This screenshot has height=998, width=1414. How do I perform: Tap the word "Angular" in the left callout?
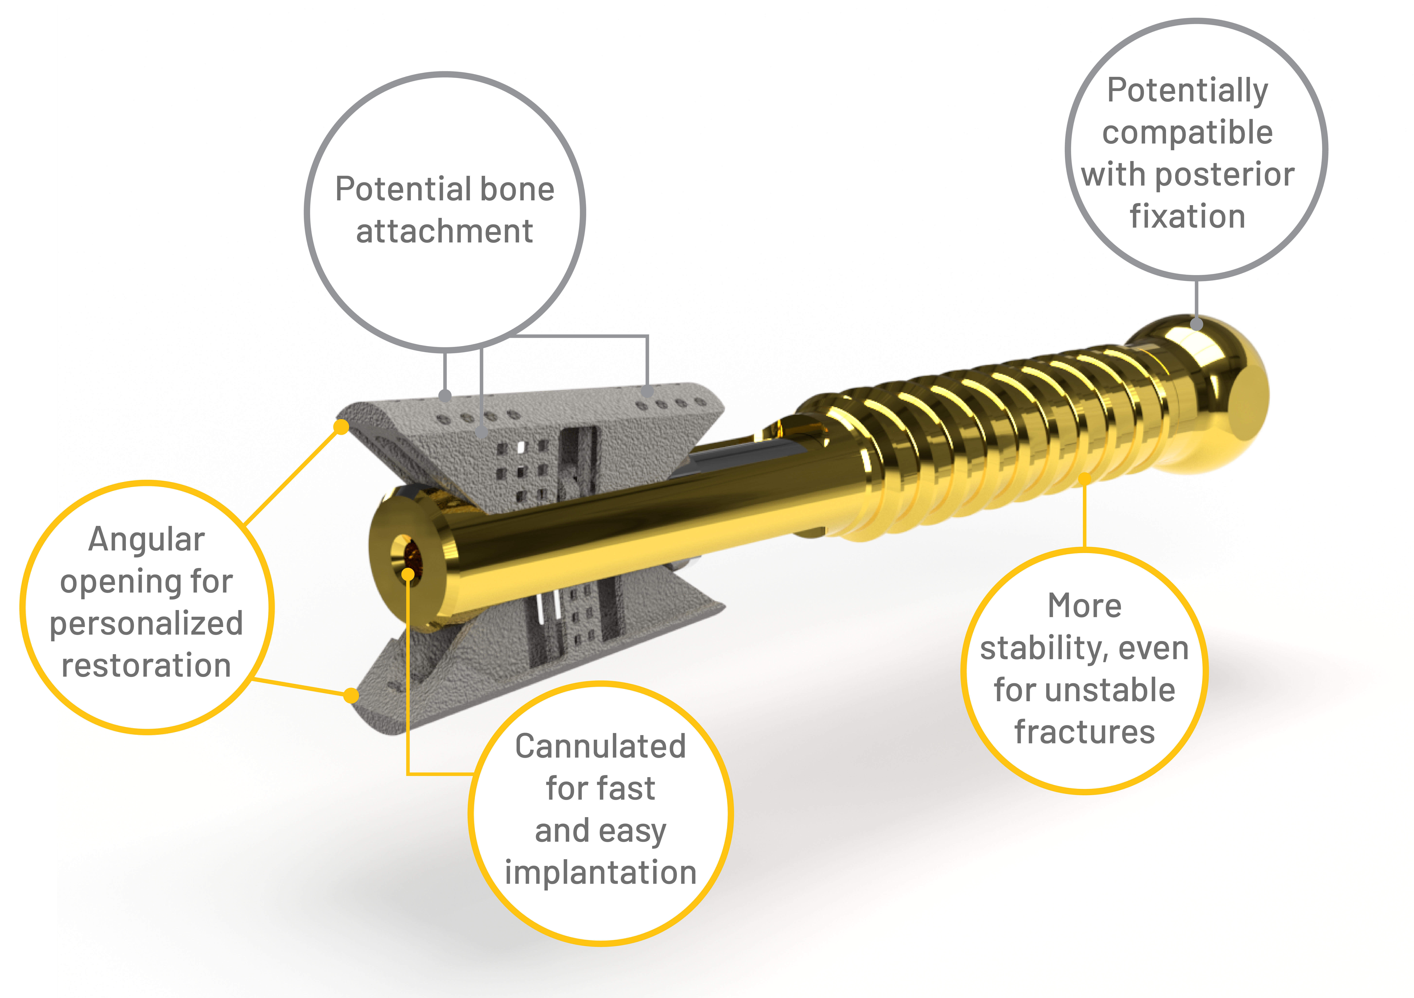[x=147, y=540]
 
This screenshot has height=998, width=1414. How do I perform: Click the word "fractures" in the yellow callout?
[x=1085, y=732]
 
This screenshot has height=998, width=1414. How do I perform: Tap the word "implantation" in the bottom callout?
[x=600, y=873]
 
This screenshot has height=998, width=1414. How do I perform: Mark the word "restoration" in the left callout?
[x=147, y=666]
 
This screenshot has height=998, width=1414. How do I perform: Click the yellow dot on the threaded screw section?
[x=1085, y=478]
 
